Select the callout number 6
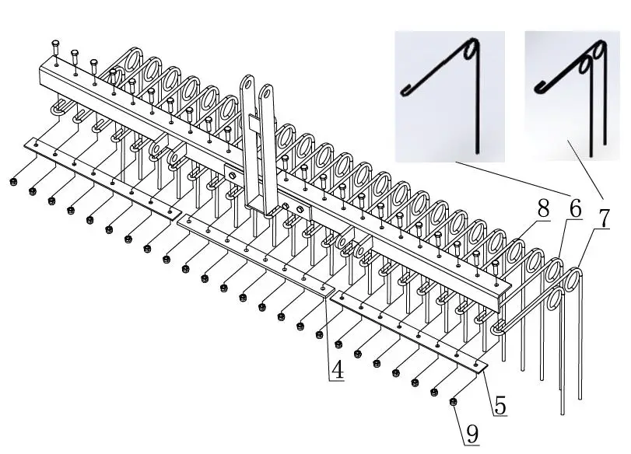[574, 208]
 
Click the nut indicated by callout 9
[454, 401]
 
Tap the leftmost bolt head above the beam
[56, 44]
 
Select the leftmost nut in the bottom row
[13, 182]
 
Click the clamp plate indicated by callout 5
[408, 330]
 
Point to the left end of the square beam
[40, 75]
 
